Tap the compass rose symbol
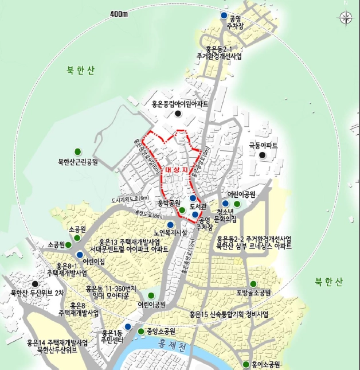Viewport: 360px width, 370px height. click(346, 17)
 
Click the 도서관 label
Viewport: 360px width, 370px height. click(197, 205)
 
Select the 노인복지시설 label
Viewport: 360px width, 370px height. click(172, 233)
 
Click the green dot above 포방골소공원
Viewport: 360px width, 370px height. click(253, 283)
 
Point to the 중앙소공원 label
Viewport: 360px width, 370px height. click(160, 332)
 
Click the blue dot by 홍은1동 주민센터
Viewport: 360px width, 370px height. click(128, 327)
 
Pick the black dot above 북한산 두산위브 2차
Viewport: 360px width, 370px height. click(36, 283)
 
